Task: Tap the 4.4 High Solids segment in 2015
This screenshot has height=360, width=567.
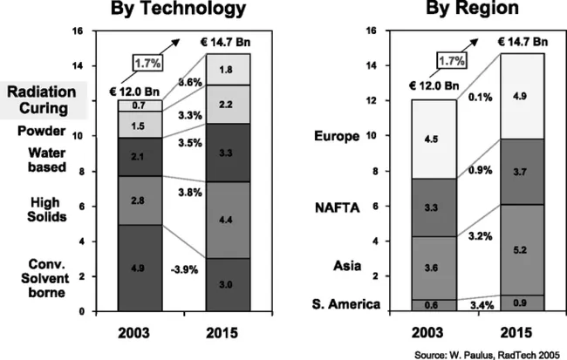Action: pyautogui.click(x=226, y=219)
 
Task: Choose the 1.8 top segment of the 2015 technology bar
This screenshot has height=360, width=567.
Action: pyautogui.click(x=226, y=69)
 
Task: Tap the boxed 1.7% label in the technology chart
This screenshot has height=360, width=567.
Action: pyautogui.click(x=149, y=63)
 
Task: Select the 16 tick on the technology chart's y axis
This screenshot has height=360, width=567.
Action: pyautogui.click(x=79, y=31)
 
